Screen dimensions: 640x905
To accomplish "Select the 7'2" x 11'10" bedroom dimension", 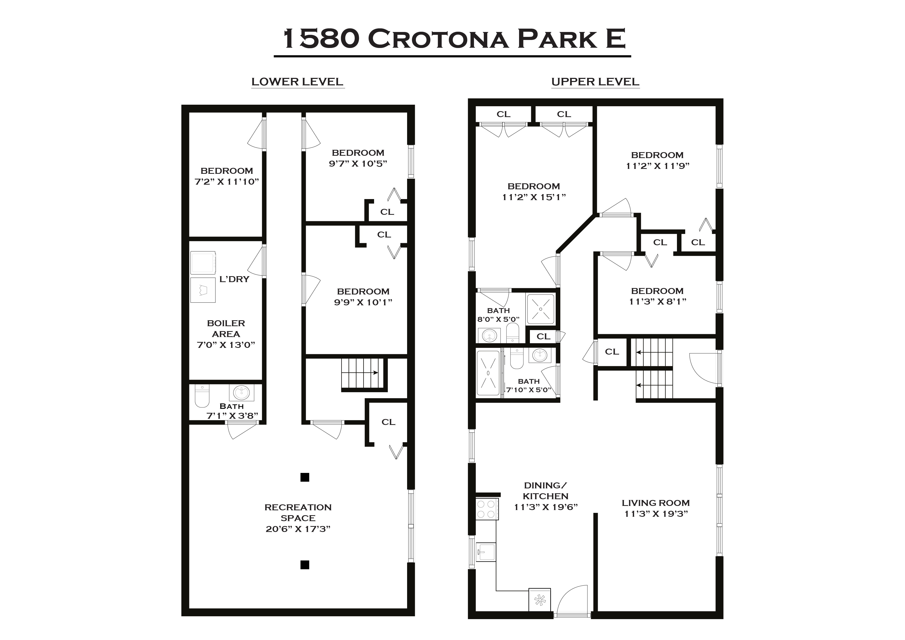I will tap(227, 182).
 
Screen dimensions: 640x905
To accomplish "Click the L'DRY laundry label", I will tap(234, 279).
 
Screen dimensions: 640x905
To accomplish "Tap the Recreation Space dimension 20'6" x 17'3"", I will tap(298, 529).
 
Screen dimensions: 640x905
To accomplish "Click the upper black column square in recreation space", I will tap(305, 477).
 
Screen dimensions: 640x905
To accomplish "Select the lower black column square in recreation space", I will tap(305, 565).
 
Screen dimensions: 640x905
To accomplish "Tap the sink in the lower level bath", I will tap(241, 392).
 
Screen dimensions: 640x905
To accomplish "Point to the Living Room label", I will tap(656, 503).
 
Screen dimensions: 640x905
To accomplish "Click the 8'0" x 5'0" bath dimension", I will tap(498, 319).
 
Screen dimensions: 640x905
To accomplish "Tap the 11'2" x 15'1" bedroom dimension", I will tap(534, 197).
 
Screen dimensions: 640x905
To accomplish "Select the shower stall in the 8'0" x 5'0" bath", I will tap(540, 309).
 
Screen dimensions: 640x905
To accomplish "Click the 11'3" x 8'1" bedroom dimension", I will tap(657, 301).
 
